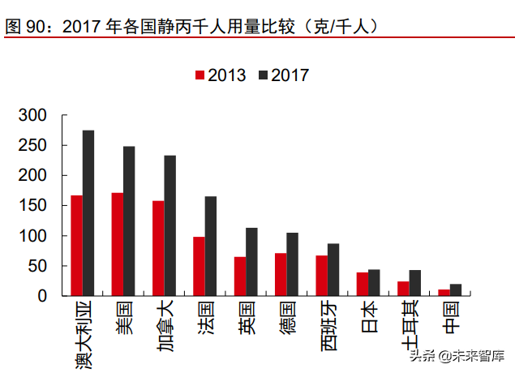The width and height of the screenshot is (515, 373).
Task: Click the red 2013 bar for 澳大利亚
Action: [x=76, y=246]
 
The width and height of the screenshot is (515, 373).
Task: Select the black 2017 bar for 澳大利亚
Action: [x=88, y=213]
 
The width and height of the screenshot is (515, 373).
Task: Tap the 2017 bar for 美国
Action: [x=129, y=221]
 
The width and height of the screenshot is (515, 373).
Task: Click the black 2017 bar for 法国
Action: [x=211, y=246]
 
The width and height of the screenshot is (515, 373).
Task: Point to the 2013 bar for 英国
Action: [x=240, y=277]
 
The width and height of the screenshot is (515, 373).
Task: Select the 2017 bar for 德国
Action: [x=293, y=264]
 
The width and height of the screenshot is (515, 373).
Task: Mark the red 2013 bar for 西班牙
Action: [x=322, y=276]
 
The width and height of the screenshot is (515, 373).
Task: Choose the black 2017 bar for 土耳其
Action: [x=415, y=283]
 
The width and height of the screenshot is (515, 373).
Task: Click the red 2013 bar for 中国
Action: [x=444, y=293]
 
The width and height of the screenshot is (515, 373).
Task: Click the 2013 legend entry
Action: [x=221, y=75]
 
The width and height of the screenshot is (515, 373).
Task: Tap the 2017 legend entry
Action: [x=284, y=75]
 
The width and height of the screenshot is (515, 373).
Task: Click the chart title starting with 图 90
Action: [x=195, y=26]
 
